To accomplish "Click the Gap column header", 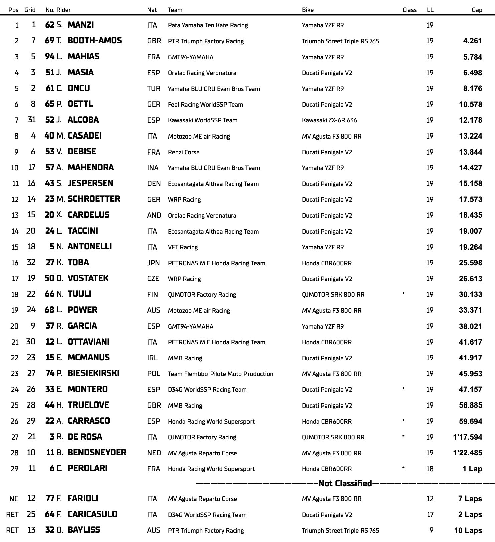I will tap(477, 10).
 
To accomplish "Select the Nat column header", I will tap(152, 10).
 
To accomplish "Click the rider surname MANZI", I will tap(80, 25).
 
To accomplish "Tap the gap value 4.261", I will tap(472, 41).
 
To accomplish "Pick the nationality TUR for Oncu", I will tap(154, 89).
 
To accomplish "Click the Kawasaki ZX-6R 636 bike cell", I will tap(329, 120).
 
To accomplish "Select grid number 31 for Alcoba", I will tap(31, 120).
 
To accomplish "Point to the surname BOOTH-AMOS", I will tap(95, 41).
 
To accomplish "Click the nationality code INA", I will tap(153, 168).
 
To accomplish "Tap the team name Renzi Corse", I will tap(184, 152).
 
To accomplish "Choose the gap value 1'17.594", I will tap(467, 437).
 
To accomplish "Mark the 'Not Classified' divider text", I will tap(345, 484).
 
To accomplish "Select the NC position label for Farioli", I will tap(14, 499).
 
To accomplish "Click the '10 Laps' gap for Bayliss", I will tap(468, 531).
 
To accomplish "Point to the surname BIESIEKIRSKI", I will tap(93, 373).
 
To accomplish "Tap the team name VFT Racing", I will tap(183, 247).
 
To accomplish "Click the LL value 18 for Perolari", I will tap(430, 469).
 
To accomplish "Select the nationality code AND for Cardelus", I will tap(154, 215).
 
